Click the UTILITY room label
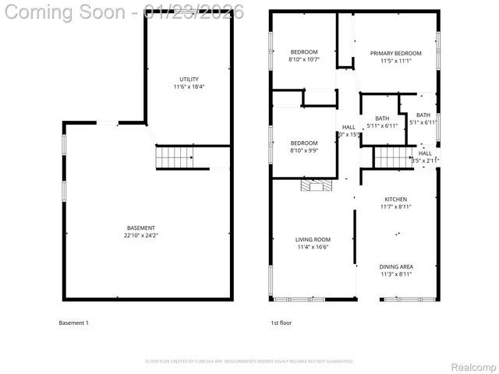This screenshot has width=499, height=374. point(189,79)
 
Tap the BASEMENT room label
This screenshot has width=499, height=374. point(141,228)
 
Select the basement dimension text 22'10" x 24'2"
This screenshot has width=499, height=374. point(141,235)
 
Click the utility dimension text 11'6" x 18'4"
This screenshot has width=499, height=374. point(189,86)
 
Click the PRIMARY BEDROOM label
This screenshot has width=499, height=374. point(395,53)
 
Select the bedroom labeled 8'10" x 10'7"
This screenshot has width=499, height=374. point(304,55)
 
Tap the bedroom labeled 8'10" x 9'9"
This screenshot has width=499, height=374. point(304,146)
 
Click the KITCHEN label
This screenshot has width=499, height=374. point(395,199)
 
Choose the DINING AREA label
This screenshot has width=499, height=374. point(395,266)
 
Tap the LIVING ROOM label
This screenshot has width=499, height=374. point(313,239)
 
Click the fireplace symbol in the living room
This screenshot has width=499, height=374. point(317,185)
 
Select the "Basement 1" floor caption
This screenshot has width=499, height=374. point(74,323)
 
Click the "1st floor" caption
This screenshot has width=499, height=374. point(281,323)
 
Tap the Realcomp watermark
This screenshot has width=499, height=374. point(474,367)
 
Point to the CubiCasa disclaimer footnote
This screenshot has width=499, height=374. point(249,362)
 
